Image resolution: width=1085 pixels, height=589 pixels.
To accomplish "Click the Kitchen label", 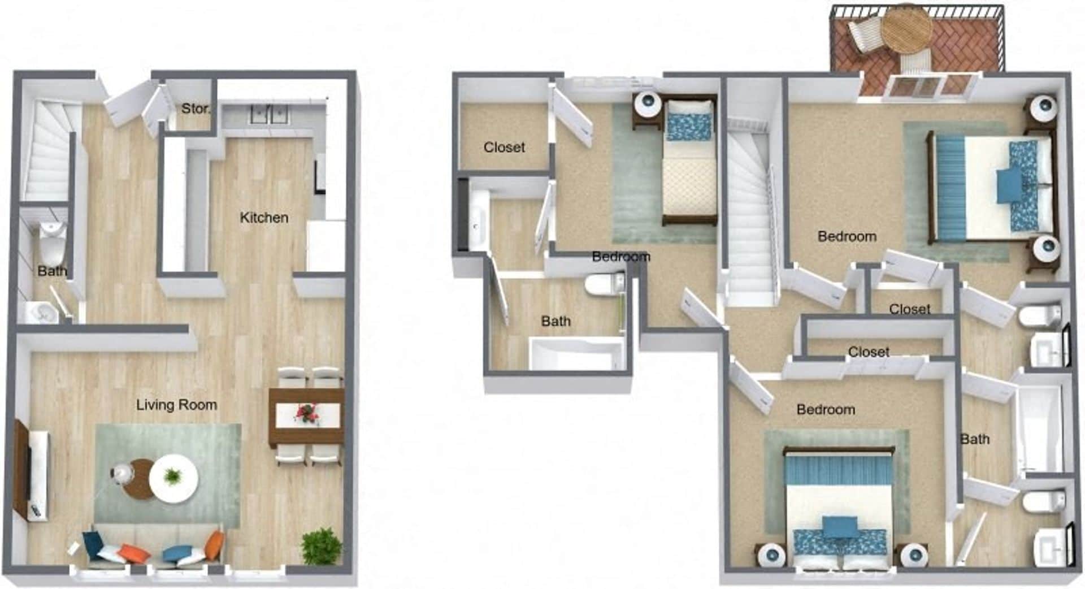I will (264, 218).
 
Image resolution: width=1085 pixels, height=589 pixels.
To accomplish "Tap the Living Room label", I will (176, 405).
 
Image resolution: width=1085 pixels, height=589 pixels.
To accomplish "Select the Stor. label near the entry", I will (195, 109).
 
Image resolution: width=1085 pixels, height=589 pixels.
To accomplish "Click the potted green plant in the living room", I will (321, 546).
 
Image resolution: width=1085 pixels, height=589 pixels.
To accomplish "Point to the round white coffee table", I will (174, 478).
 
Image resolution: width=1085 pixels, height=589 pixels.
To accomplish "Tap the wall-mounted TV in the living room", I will (22, 467).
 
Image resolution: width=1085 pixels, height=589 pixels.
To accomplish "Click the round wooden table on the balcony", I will (906, 31).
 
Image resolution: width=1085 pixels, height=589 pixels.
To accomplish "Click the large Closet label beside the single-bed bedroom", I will (504, 148).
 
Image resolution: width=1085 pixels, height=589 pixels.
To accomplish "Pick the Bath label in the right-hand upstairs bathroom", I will (975, 439).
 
